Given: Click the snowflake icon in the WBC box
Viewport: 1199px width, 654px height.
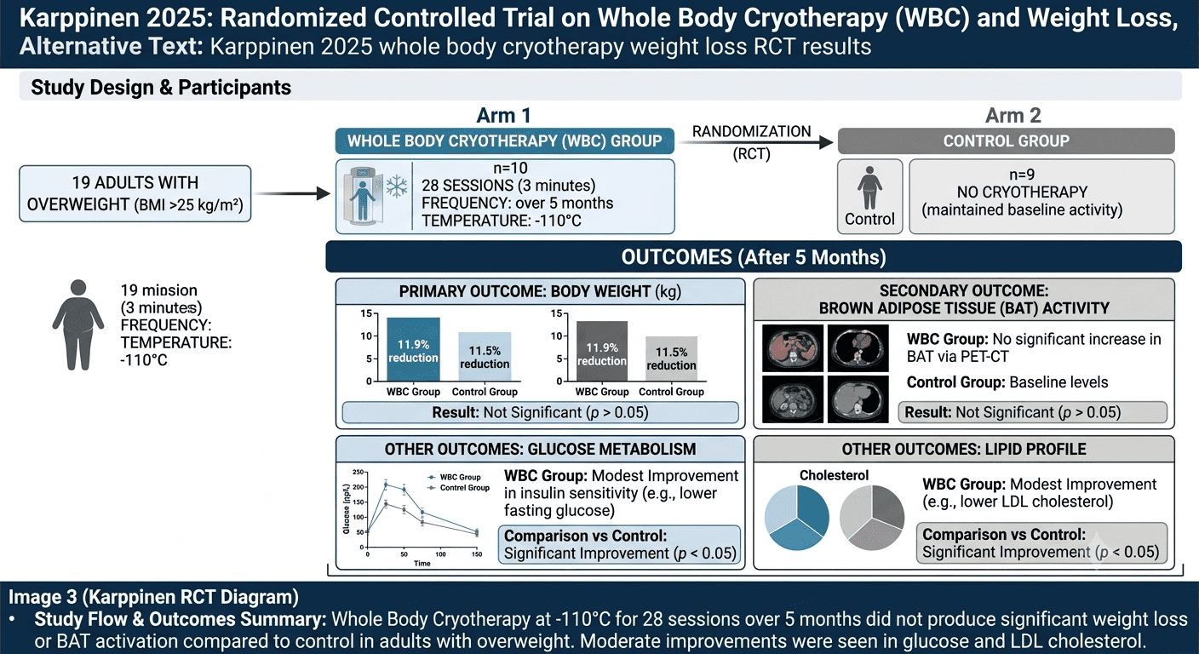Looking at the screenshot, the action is [396, 186].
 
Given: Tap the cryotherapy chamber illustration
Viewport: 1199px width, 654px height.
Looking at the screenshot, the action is [363, 195].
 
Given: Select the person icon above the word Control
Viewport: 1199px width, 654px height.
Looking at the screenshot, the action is [869, 187].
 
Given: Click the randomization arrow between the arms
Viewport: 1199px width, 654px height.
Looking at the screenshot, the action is [755, 142].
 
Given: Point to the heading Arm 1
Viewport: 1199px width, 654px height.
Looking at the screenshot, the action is [503, 116].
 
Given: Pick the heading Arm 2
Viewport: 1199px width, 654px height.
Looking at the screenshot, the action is [1013, 116].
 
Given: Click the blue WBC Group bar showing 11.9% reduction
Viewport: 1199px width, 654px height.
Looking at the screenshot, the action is [413, 349].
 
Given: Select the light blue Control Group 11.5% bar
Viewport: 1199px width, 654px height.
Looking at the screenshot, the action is [485, 357].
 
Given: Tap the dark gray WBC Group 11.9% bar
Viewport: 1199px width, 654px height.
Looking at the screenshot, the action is [602, 351].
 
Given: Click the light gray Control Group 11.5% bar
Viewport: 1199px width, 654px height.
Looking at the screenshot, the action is [671, 359].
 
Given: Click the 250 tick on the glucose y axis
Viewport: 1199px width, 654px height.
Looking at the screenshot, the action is [358, 472].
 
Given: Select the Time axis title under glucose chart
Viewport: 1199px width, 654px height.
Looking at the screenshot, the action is [422, 563].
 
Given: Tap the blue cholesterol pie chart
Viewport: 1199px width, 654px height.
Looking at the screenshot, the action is [796, 518].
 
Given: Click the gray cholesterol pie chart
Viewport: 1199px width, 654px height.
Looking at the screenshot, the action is [872, 518].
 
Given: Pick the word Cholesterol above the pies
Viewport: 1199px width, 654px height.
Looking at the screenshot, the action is [834, 475].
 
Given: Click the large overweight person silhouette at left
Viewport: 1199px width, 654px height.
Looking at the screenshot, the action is [78, 324].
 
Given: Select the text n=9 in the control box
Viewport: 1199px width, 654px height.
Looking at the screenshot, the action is [1022, 175].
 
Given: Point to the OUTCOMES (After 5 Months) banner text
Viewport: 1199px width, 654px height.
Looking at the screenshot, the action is [754, 257].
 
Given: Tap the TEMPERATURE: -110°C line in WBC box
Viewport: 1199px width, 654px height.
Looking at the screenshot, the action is [501, 221].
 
